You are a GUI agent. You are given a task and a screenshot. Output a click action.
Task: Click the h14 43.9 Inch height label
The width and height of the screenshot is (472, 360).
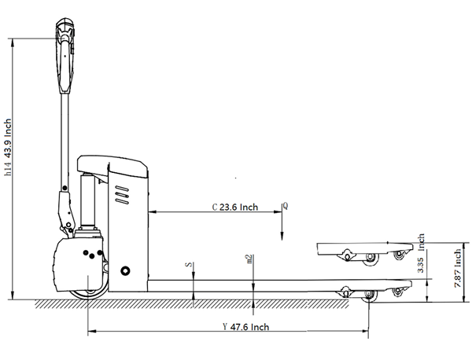point(8,147)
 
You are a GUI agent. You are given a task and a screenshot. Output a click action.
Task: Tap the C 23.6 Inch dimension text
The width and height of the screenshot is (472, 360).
point(235,208)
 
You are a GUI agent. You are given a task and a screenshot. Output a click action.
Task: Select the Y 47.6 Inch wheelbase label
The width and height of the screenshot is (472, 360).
point(245,327)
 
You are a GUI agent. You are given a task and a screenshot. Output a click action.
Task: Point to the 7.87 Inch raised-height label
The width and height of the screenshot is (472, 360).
point(458,268)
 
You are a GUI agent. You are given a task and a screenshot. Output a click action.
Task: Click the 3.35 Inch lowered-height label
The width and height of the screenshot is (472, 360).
point(421,253)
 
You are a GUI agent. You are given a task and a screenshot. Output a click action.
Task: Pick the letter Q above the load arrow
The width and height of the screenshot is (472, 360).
point(286,206)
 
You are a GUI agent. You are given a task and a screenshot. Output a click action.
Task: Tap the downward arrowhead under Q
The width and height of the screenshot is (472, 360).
point(282,236)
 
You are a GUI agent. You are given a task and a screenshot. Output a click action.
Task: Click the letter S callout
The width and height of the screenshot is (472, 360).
point(189,265)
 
